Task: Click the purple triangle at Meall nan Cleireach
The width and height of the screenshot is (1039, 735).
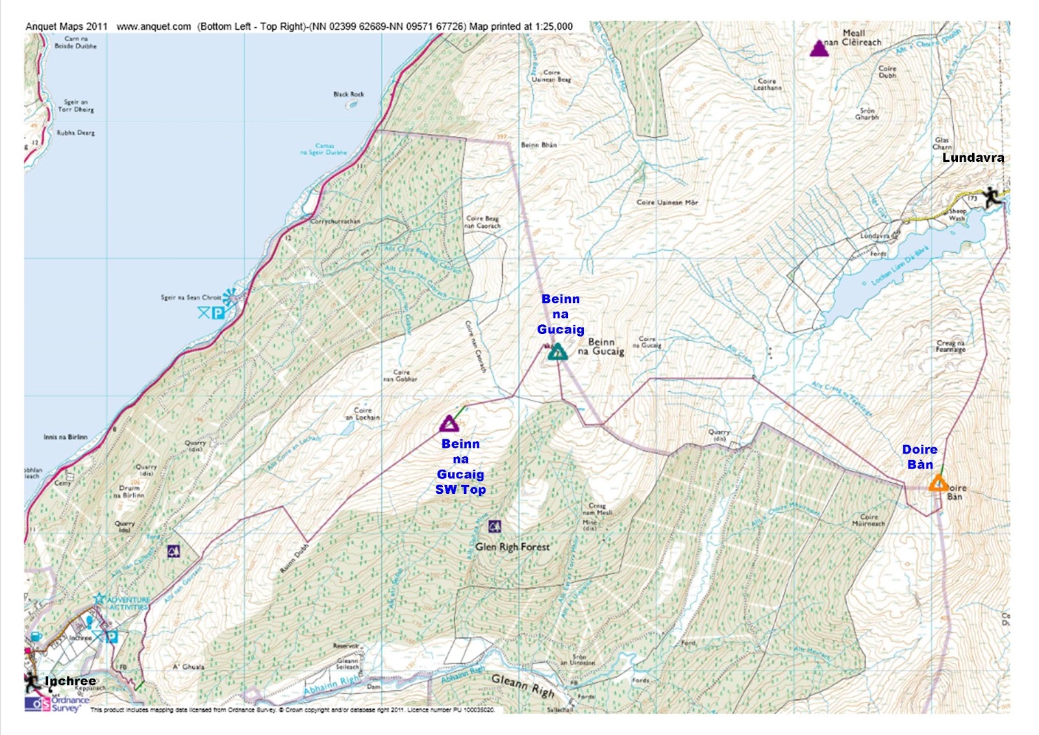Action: (x=819, y=49)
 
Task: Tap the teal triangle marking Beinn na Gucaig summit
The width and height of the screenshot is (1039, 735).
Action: (x=557, y=352)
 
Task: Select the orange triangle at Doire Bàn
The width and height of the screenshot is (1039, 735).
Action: (x=937, y=483)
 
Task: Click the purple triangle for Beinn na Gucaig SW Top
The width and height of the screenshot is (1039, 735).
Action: (x=449, y=424)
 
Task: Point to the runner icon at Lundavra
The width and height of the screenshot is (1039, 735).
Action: (x=991, y=198)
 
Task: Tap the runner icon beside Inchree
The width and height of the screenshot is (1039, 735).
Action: (x=32, y=682)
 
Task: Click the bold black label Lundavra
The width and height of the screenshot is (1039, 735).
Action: (x=972, y=157)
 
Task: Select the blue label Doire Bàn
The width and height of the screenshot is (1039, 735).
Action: (x=920, y=457)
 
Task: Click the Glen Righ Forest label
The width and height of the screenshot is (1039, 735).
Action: (x=512, y=547)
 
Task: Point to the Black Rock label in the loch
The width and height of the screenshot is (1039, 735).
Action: (x=349, y=94)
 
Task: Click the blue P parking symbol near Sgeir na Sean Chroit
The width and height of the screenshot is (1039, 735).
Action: (x=219, y=313)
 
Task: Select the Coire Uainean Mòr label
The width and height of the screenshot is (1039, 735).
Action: (x=667, y=202)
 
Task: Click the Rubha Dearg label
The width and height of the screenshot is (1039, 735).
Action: (x=76, y=133)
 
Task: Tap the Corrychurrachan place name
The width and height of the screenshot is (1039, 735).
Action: (x=335, y=221)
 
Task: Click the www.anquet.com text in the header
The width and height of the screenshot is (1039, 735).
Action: (x=153, y=27)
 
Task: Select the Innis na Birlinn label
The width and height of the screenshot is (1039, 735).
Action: (x=65, y=437)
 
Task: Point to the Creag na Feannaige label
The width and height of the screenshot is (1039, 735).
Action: (x=950, y=346)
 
